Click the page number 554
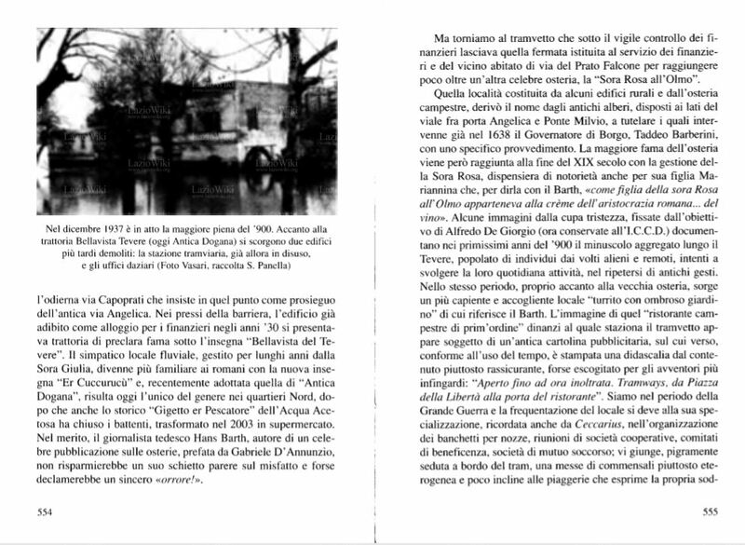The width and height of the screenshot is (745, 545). [43, 511]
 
